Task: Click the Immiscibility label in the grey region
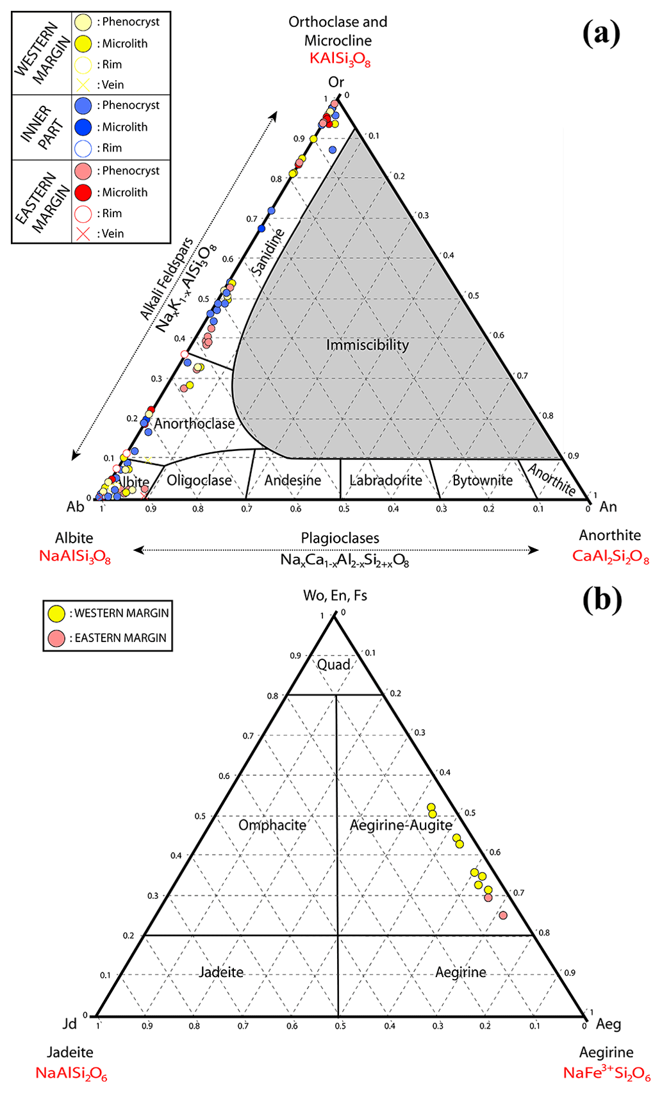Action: click(x=367, y=345)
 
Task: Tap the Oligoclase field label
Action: click(x=199, y=481)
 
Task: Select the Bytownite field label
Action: click(x=483, y=481)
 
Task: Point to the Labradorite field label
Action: click(x=386, y=481)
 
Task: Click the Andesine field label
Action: click(x=293, y=481)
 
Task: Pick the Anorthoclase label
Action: click(x=194, y=424)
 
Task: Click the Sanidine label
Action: click(x=268, y=252)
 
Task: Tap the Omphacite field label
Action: click(x=272, y=825)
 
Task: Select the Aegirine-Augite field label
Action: click(x=401, y=825)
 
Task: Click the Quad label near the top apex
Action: click(x=334, y=664)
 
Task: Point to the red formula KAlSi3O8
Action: click(x=340, y=59)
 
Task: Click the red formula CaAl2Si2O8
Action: click(x=610, y=556)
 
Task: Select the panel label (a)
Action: click(x=601, y=33)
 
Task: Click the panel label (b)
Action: click(x=602, y=600)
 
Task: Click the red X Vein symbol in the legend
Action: click(x=83, y=234)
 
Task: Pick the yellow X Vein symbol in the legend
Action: click(x=83, y=85)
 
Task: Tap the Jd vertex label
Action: click(x=69, y=1024)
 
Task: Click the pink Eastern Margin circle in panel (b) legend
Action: click(x=57, y=638)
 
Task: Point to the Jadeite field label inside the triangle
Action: click(x=221, y=973)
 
